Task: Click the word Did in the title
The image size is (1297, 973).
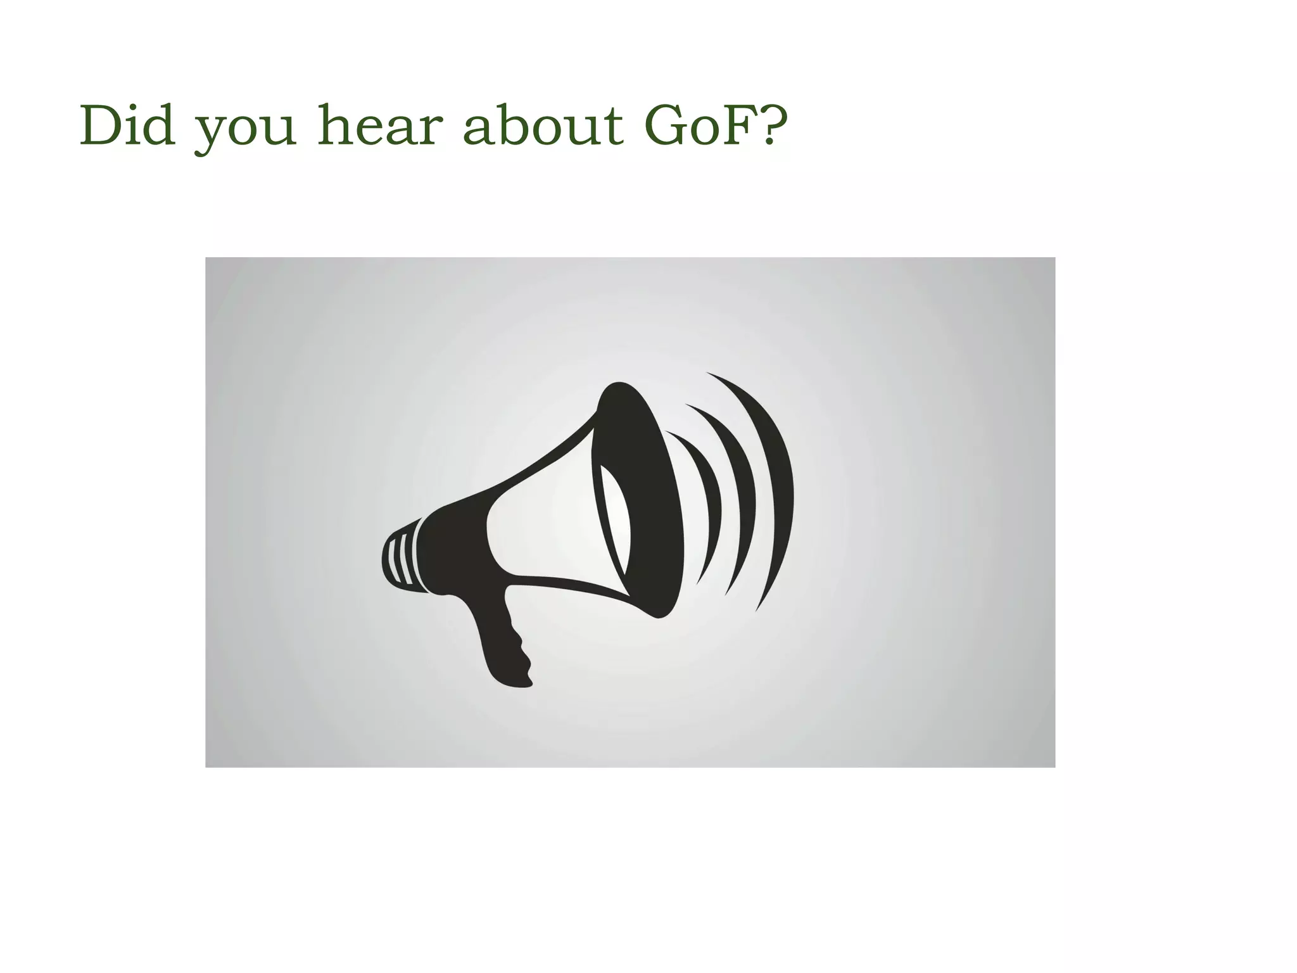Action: click(127, 126)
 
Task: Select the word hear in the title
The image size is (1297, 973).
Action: click(377, 126)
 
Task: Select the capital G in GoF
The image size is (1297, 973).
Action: click(666, 126)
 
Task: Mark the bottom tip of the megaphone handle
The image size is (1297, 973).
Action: click(516, 683)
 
